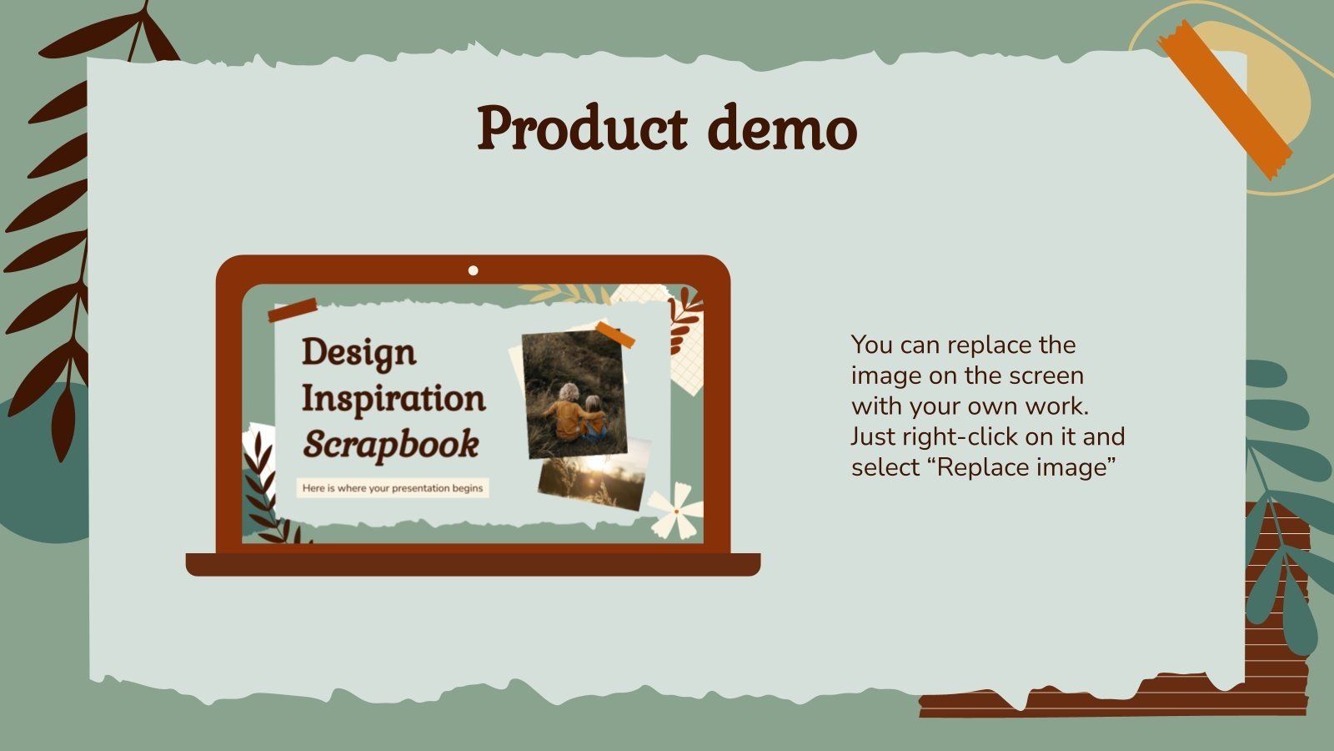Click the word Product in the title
point(582,129)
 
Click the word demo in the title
point(782,129)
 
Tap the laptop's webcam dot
point(474,270)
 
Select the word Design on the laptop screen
point(359,353)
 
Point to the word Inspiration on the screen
point(393,398)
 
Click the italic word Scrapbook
point(390,445)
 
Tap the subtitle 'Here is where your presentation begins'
point(392,488)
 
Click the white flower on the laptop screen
point(675,509)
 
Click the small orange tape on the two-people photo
point(615,333)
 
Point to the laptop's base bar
point(473,564)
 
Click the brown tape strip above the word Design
point(292,310)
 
